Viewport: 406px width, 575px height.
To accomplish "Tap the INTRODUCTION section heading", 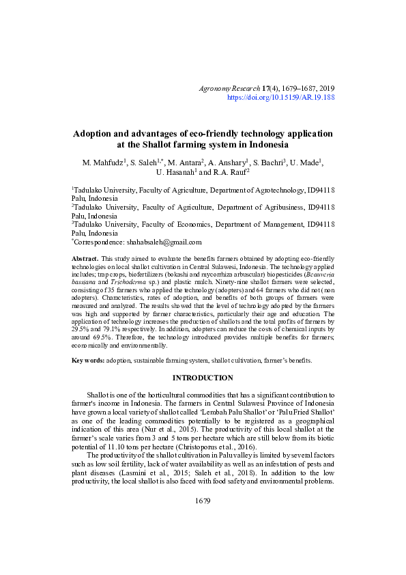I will pyautogui.click(x=203, y=378).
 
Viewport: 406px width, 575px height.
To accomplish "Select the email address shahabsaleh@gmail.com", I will pyautogui.click(x=164, y=242).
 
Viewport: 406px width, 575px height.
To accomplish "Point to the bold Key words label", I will pyautogui.click(x=88, y=360).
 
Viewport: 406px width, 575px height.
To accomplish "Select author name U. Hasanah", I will pyautogui.click(x=175, y=173).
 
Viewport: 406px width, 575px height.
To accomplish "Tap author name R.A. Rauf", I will pyautogui.click(x=228, y=173).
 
